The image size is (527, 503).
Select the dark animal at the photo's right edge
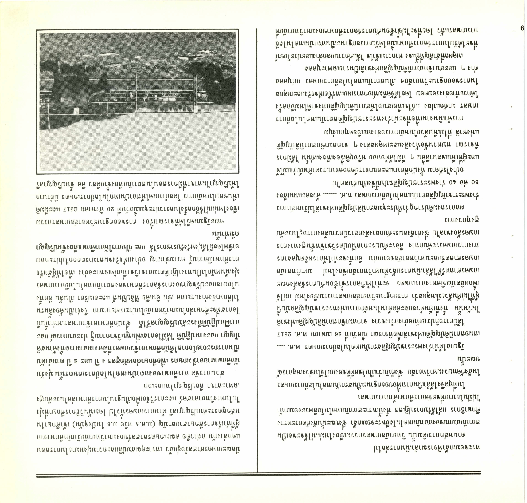[x=220, y=83]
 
